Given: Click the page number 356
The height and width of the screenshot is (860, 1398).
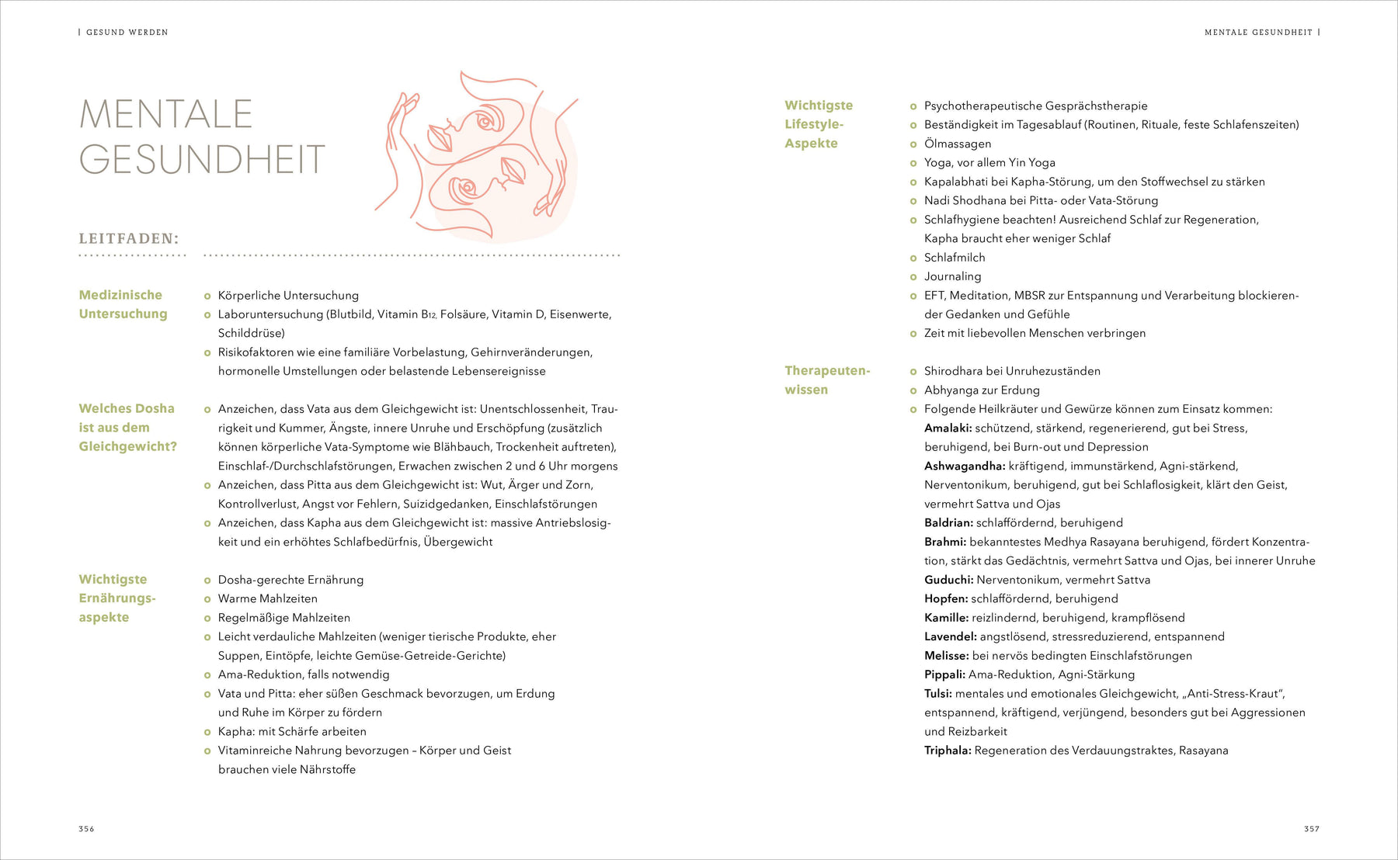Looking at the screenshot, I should tap(86, 829).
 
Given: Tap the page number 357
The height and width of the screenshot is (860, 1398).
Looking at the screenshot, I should tap(1311, 829).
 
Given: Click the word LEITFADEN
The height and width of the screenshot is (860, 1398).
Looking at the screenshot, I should tap(128, 238).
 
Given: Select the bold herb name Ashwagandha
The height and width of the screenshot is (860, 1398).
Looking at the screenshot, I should tap(964, 466).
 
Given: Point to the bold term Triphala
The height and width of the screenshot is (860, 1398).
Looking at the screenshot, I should tap(948, 751).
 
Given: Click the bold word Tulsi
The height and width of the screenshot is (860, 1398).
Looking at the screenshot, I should tap(937, 694).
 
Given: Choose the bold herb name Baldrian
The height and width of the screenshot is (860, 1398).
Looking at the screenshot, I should tap(948, 523).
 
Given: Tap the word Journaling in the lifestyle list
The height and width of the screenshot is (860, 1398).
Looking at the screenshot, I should tap(952, 276).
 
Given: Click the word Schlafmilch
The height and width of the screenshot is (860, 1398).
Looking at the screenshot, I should tap(955, 258).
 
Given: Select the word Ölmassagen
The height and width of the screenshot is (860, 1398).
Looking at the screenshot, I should tap(957, 144).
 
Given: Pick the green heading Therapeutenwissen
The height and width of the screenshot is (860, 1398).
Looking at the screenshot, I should tap(826, 380).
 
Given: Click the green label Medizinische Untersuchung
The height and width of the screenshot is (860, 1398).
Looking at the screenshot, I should tap(122, 304).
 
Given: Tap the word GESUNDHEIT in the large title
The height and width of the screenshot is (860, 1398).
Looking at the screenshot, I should tap(202, 160).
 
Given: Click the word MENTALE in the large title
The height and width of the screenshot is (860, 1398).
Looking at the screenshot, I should tap(166, 114).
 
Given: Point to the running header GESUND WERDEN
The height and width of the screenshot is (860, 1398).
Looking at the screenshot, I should tap(127, 33).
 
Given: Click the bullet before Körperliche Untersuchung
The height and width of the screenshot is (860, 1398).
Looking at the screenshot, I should tap(207, 296).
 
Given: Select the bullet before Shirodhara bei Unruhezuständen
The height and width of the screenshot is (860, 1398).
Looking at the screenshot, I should tap(913, 371).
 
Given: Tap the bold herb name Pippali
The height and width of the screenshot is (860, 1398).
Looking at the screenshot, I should tap(944, 674).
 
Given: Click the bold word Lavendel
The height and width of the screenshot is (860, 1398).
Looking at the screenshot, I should tap(950, 636).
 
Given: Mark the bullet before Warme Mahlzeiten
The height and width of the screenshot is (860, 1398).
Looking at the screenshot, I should tap(207, 599).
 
